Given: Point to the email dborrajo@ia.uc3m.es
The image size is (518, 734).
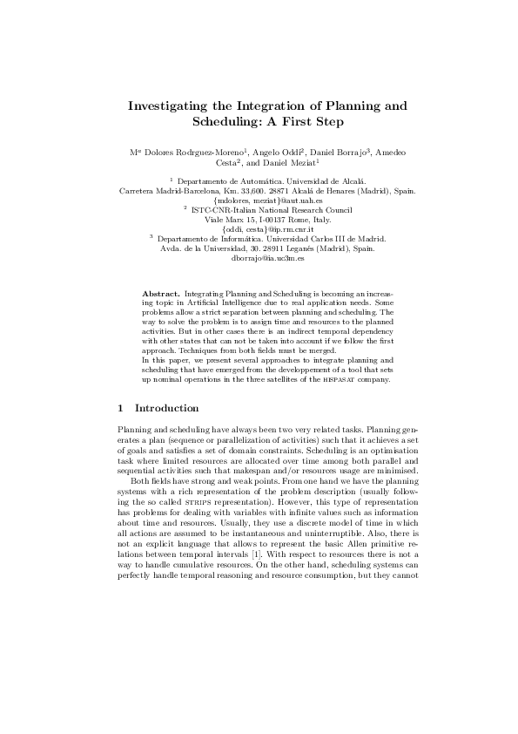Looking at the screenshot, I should point(267,259).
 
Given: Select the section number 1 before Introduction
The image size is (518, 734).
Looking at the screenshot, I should point(119,408).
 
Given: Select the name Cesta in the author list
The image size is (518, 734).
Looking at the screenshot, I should point(225,162).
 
